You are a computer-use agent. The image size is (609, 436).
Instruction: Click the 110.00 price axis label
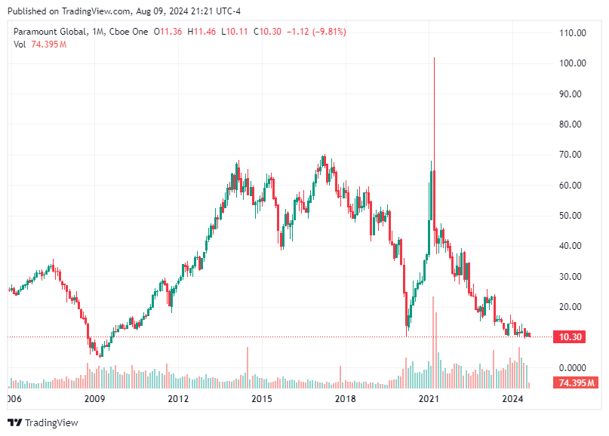tap(573, 33)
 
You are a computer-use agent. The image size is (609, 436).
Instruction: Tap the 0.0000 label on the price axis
tap(573, 367)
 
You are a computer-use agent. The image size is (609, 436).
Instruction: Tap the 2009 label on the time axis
tap(94, 398)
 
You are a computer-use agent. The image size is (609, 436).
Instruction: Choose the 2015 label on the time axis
tap(261, 398)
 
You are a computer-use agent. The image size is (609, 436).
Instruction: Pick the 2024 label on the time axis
tap(512, 398)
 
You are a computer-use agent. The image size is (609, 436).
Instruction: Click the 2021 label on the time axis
tap(429, 398)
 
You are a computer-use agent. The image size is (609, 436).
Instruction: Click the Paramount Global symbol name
tap(47, 32)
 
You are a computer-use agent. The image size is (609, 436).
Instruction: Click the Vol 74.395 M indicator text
tap(40, 45)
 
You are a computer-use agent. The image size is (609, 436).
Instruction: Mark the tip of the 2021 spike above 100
tap(434, 58)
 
